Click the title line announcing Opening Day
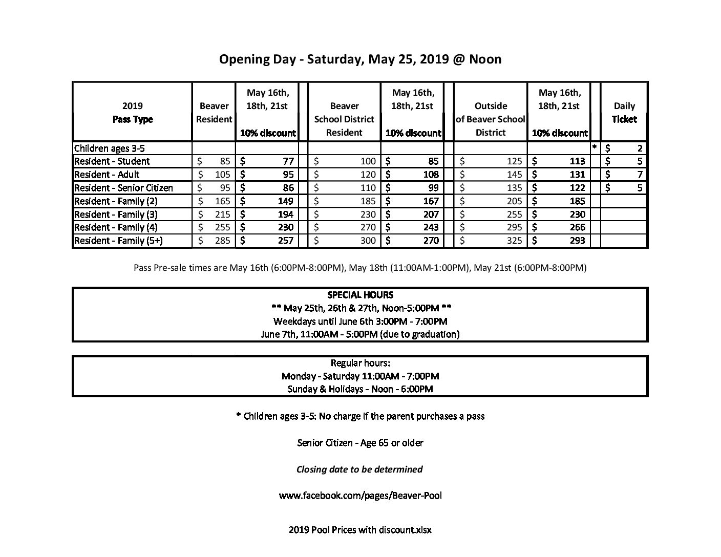pyautogui.click(x=360, y=59)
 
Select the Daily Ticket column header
pyautogui.click(x=624, y=113)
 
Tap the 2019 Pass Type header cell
pyautogui.click(x=133, y=113)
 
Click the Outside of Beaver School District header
pyautogui.click(x=491, y=119)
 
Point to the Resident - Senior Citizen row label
pyautogui.click(x=123, y=188)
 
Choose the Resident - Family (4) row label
pyautogui.click(x=116, y=227)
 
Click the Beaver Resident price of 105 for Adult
pyautogui.click(x=222, y=175)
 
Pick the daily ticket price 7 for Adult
pyautogui.click(x=640, y=175)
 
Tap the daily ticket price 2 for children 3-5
pyautogui.click(x=640, y=148)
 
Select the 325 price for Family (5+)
pyautogui.click(x=514, y=241)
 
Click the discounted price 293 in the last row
pyautogui.click(x=577, y=241)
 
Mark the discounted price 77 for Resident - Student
pyautogui.click(x=288, y=161)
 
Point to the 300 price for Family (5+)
pyautogui.click(x=368, y=241)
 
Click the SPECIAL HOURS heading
pyautogui.click(x=360, y=295)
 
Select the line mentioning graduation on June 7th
pyautogui.click(x=360, y=334)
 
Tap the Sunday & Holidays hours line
pyautogui.click(x=360, y=389)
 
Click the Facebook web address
pyautogui.click(x=360, y=496)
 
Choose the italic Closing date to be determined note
pyautogui.click(x=359, y=469)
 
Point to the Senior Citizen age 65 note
pyautogui.click(x=360, y=442)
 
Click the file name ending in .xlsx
pyautogui.click(x=360, y=530)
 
